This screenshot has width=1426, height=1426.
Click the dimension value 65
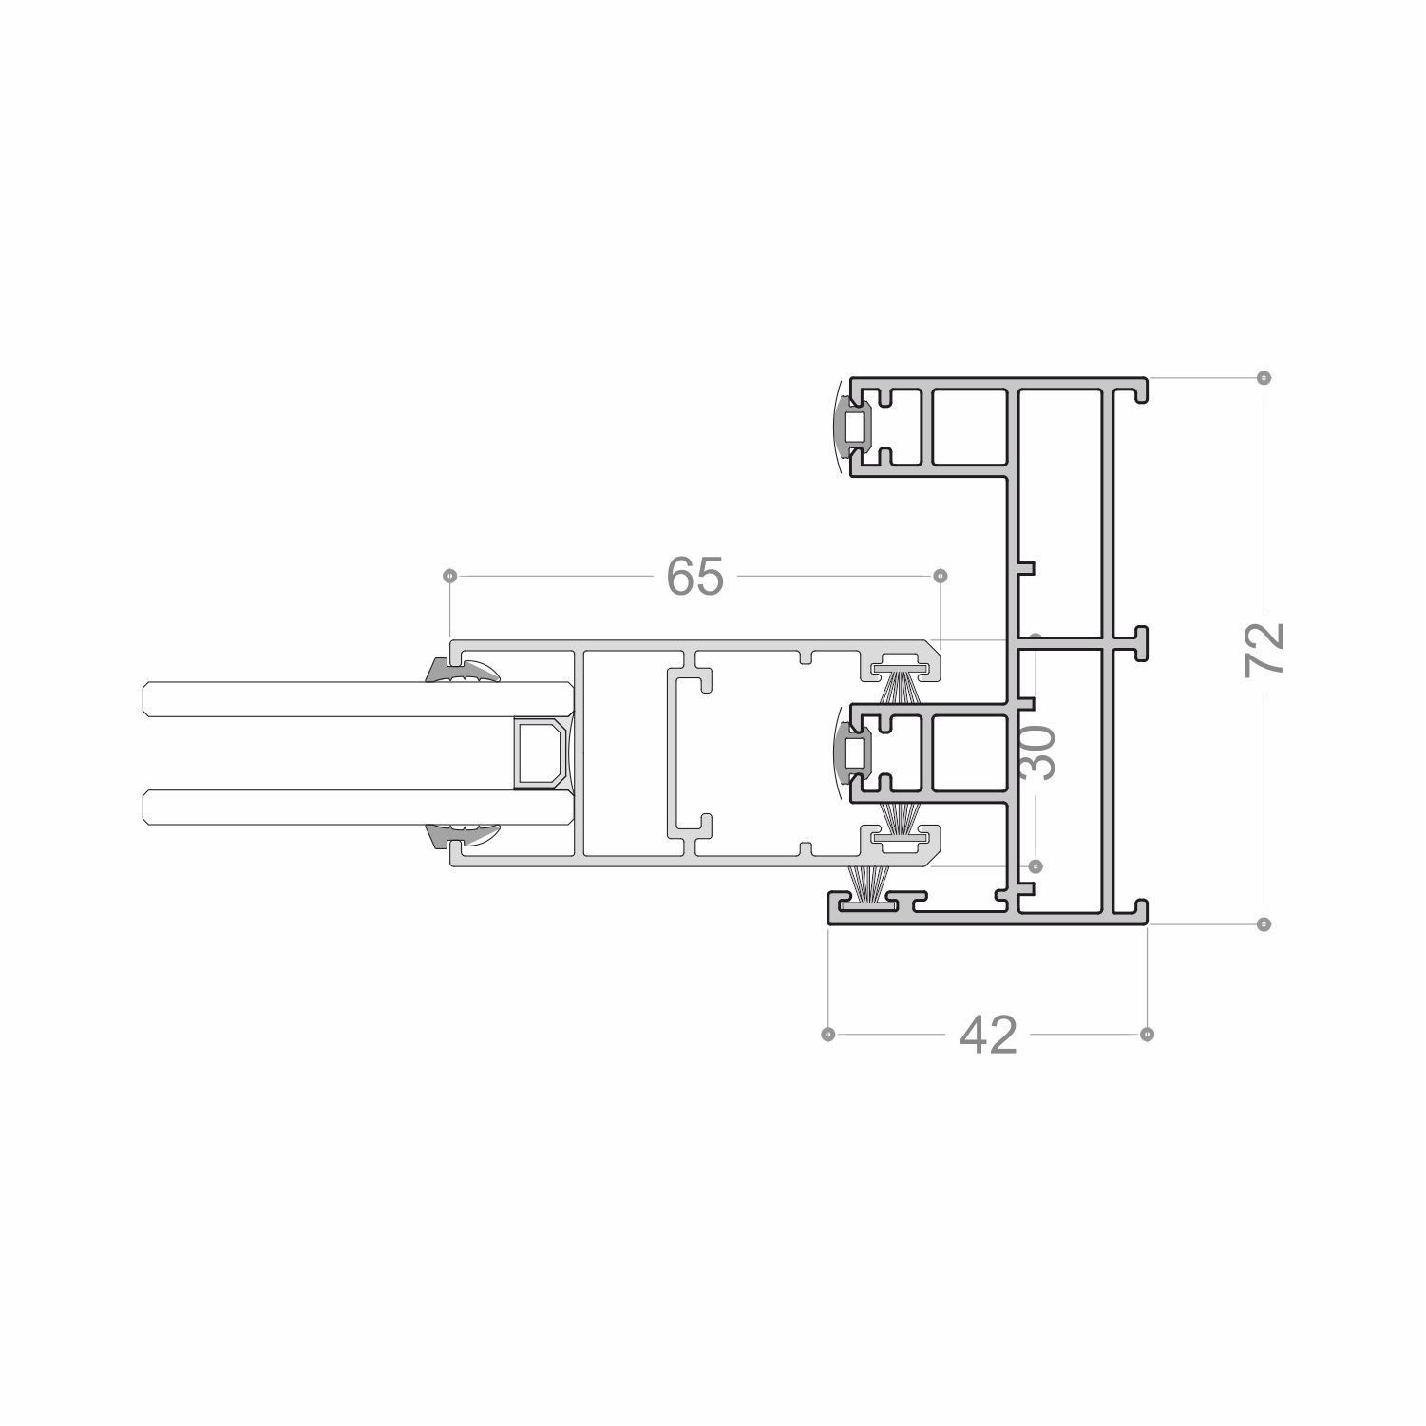694,577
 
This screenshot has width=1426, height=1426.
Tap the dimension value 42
988,1035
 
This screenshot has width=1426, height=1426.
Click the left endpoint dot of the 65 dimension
450,577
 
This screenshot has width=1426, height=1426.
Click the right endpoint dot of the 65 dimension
941,577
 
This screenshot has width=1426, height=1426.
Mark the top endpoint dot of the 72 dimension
1264,377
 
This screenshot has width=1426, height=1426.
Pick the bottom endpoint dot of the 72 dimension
1264,923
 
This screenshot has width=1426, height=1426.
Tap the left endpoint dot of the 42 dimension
828,1034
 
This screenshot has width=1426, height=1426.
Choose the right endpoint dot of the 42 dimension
1147,1034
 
